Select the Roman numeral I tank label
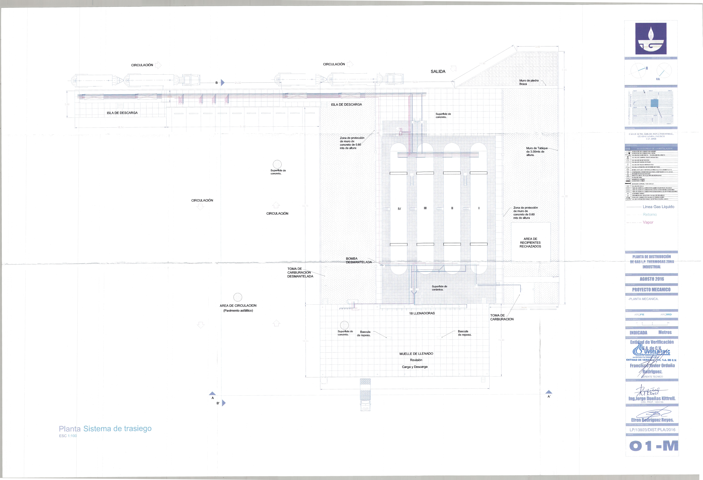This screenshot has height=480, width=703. click(479, 208)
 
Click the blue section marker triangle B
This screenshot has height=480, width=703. click(223, 82)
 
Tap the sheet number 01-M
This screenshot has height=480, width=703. click(653, 446)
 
